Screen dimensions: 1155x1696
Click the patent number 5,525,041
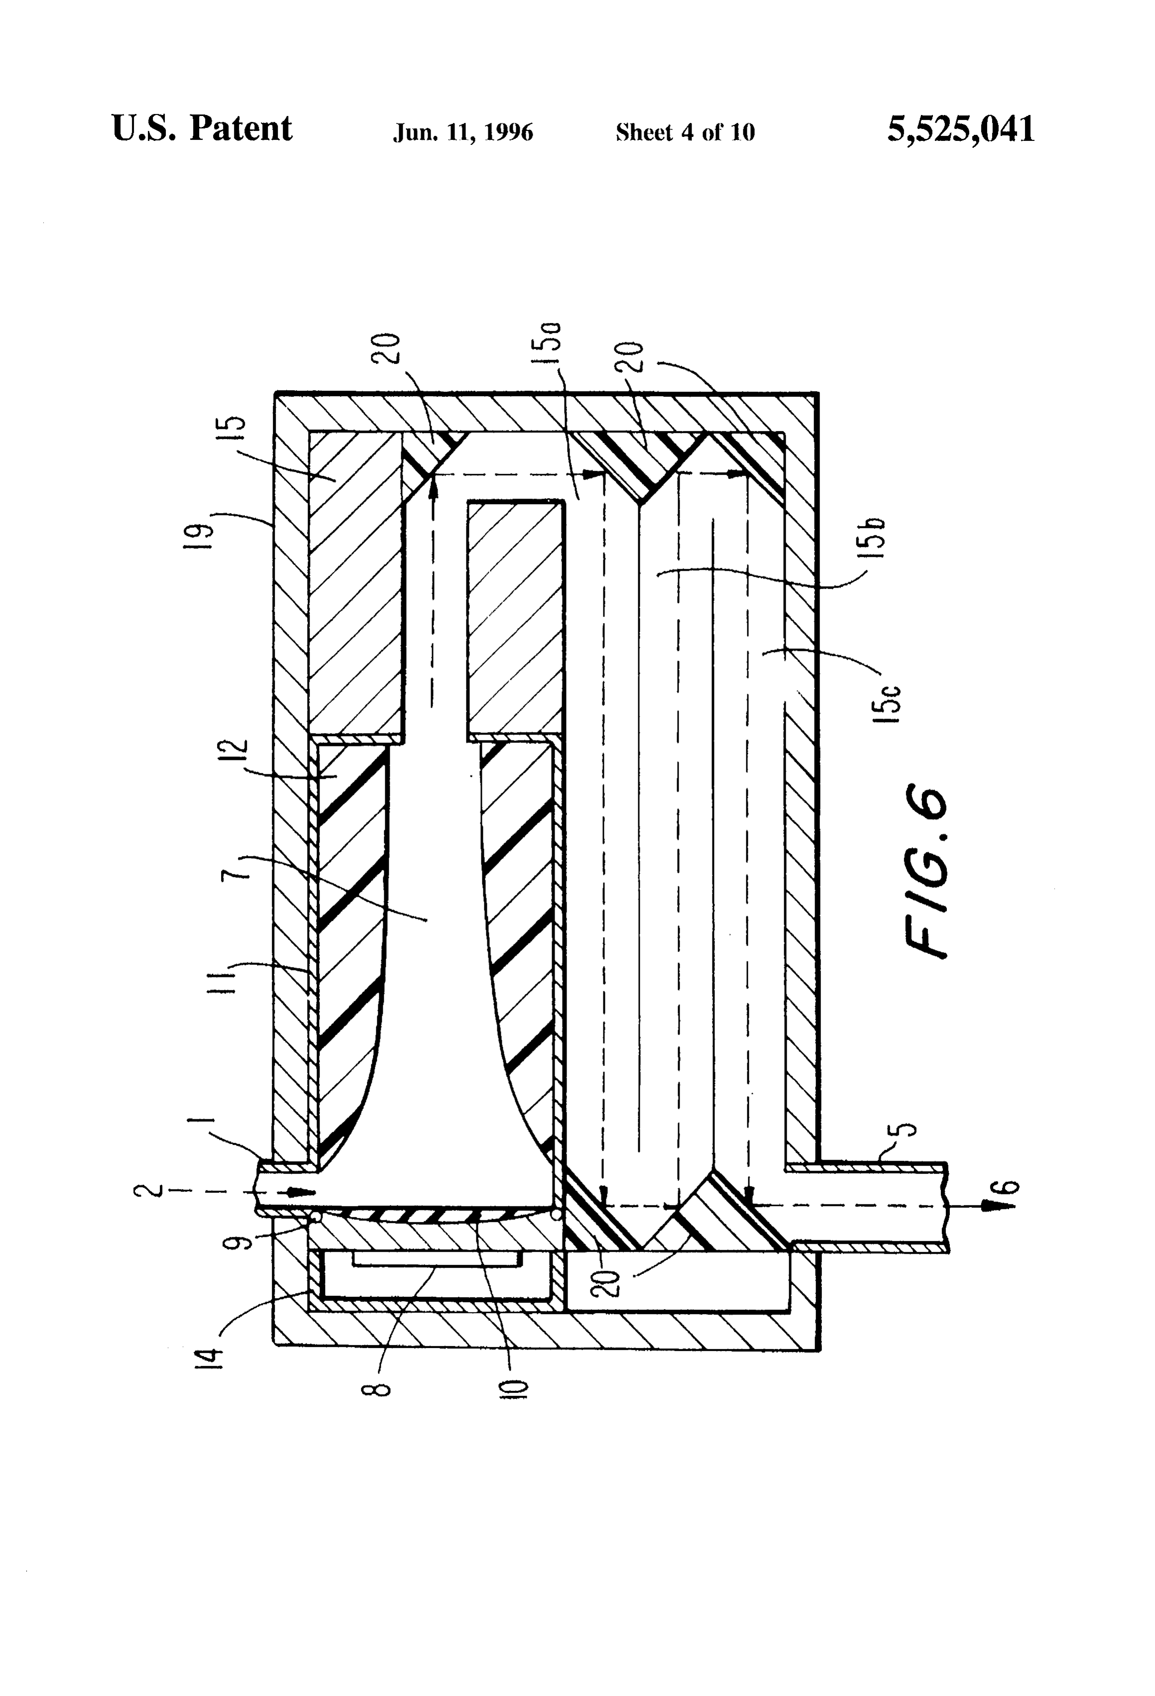961,130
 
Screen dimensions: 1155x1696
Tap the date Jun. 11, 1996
463,132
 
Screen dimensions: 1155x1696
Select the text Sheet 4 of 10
685,132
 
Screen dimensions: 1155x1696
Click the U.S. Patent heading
202,128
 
